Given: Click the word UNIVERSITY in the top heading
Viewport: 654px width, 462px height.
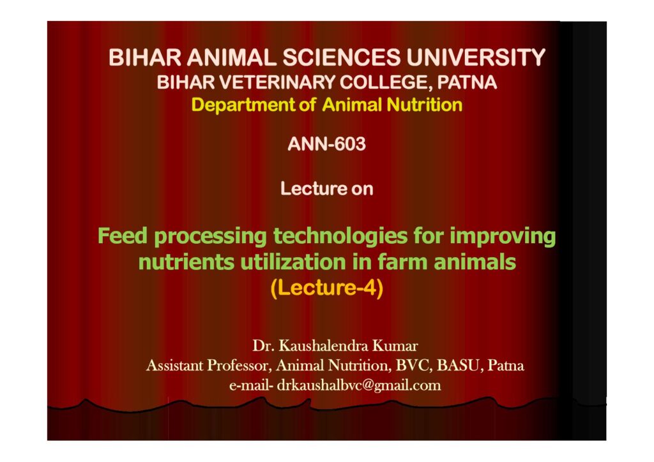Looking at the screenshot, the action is [475, 57].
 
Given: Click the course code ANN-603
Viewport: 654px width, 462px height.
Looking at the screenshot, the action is [326, 144].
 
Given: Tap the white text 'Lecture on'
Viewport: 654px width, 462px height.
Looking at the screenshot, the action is [326, 189].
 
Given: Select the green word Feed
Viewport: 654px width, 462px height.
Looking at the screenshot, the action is [123, 235].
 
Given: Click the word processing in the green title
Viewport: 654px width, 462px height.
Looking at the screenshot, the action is [211, 237].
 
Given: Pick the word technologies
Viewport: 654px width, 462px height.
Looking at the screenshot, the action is [340, 237].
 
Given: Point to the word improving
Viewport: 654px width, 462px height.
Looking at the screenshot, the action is [503, 237].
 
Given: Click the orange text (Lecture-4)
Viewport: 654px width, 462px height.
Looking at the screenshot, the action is [326, 288].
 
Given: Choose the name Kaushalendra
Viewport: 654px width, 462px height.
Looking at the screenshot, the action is [323, 346].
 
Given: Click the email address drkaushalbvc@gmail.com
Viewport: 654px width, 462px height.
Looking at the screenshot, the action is [359, 385].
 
